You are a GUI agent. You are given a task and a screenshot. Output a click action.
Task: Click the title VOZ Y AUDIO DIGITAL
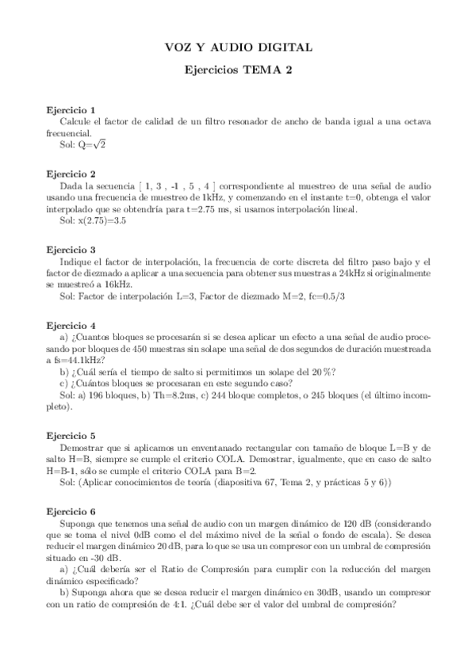pyautogui.click(x=238, y=48)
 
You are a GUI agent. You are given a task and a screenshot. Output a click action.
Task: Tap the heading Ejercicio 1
pyautogui.click(x=71, y=109)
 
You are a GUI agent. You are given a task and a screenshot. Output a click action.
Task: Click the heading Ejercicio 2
pyautogui.click(x=71, y=174)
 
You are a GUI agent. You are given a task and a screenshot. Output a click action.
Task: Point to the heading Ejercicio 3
pyautogui.click(x=71, y=249)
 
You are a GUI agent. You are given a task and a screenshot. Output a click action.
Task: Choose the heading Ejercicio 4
pyautogui.click(x=71, y=325)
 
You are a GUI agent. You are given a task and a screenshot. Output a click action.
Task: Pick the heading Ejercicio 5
pyautogui.click(x=71, y=436)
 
